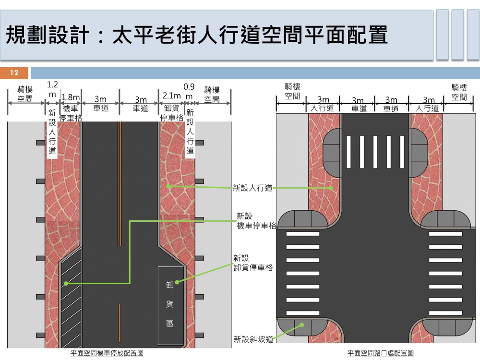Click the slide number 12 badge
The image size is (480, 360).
pyautogui.click(x=14, y=73)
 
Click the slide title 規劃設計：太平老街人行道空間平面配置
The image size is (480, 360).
pyautogui.click(x=197, y=36)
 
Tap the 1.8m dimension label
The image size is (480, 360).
pyautogui.click(x=71, y=97)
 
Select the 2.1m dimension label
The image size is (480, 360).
pyautogui.click(x=171, y=96)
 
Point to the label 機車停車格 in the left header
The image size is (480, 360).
pyautogui.click(x=70, y=113)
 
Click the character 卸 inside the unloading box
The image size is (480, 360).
pyautogui.click(x=170, y=285)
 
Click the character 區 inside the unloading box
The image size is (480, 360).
pyautogui.click(x=170, y=323)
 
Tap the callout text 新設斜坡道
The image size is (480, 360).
pyautogui.click(x=253, y=339)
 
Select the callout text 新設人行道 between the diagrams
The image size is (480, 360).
pyautogui.click(x=252, y=188)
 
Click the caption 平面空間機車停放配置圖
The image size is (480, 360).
pyautogui.click(x=107, y=353)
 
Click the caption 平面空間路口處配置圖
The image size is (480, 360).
pyautogui.click(x=381, y=353)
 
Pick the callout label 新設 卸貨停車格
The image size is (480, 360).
pyautogui.click(x=253, y=263)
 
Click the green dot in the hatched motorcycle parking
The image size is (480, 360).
pyautogui.click(x=66, y=284)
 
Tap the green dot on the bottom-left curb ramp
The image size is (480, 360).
pyautogui.click(x=302, y=324)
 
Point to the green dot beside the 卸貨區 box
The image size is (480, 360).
pyautogui.click(x=177, y=282)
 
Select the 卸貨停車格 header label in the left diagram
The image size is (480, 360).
pyautogui.click(x=172, y=113)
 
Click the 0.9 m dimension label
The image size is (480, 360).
pyautogui.click(x=189, y=92)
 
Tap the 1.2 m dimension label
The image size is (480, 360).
pyautogui.click(x=52, y=89)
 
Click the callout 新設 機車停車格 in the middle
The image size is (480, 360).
pyautogui.click(x=256, y=221)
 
